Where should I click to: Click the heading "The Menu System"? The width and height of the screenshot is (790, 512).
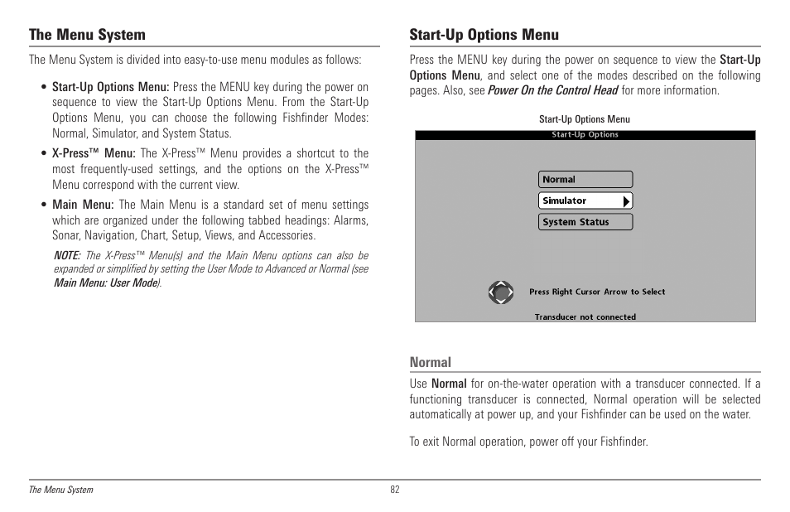(87, 35)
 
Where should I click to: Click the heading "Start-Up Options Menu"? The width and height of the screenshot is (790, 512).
(484, 35)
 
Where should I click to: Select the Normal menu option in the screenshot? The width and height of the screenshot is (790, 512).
(585, 180)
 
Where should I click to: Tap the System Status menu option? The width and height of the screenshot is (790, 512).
(585, 222)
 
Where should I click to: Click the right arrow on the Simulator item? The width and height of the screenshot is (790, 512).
(627, 200)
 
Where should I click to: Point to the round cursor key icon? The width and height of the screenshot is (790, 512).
(500, 292)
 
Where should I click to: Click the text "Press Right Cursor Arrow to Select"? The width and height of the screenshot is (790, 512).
(597, 292)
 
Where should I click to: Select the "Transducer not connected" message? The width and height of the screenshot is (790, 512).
(585, 316)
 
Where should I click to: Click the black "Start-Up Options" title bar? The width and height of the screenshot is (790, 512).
(585, 135)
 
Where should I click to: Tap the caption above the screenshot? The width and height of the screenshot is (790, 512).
(585, 119)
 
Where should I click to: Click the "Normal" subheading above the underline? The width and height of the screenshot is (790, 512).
(431, 362)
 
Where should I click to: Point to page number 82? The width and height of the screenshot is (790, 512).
(395, 490)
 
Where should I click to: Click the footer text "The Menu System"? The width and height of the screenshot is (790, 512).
(61, 490)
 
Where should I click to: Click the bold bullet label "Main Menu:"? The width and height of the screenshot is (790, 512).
(83, 205)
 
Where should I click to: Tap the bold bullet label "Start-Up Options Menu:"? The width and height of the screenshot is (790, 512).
(110, 87)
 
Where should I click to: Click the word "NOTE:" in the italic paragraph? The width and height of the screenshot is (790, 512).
(67, 256)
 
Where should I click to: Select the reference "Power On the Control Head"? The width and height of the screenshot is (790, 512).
(552, 90)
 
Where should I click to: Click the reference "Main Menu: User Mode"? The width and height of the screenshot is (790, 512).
(106, 283)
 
